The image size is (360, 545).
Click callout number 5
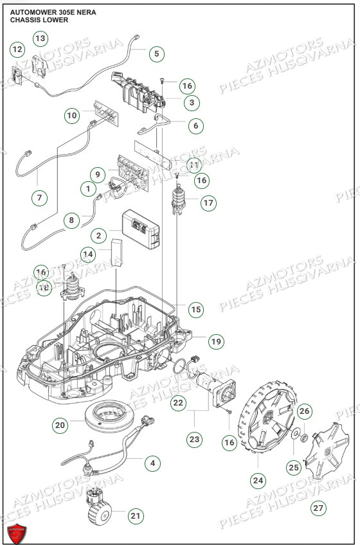(x=156, y=54)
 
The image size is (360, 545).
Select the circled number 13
(x=40, y=39)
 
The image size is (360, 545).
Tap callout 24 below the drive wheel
(x=258, y=479)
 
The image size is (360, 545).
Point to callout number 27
(x=318, y=508)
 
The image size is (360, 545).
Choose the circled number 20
(x=60, y=425)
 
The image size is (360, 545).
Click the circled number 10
(x=72, y=115)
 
